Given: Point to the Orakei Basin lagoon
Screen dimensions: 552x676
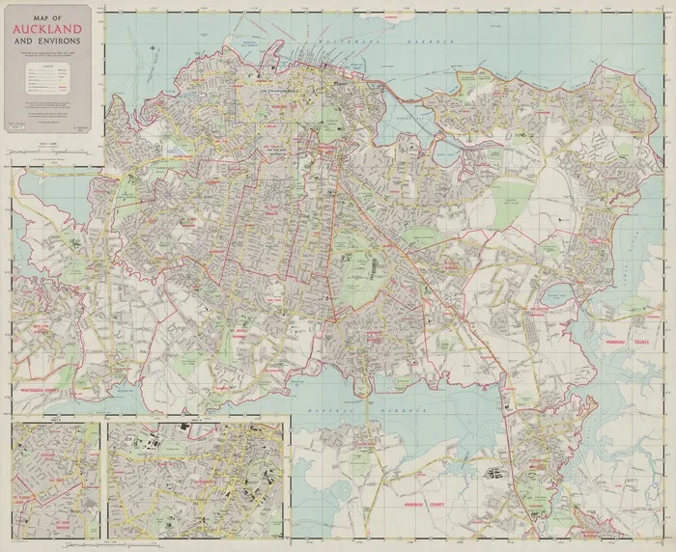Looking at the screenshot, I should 446,152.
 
